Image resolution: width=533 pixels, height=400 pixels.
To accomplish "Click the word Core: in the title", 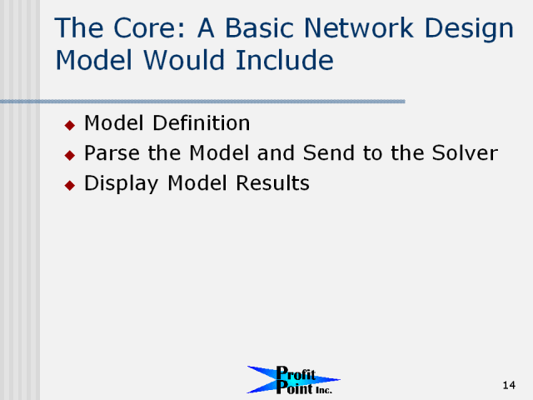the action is pyautogui.click(x=149, y=27).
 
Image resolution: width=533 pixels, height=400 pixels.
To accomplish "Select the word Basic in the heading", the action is pyautogui.click(x=259, y=27).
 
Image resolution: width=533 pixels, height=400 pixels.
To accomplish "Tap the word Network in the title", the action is pyautogui.click(x=359, y=27).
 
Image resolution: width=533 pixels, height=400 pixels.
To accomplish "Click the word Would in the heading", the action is pyautogui.click(x=184, y=60).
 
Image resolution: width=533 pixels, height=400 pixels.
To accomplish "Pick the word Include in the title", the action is pyautogui.click(x=285, y=60).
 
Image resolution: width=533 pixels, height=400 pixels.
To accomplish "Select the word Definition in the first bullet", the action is pyautogui.click(x=202, y=122).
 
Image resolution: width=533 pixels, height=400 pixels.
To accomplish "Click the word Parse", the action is pyautogui.click(x=112, y=152).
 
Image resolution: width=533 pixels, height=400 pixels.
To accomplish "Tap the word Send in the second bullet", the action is pyautogui.click(x=329, y=152).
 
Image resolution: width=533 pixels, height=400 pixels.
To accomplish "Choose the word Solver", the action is pyautogui.click(x=465, y=152).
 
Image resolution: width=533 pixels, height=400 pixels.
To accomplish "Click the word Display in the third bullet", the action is pyautogui.click(x=122, y=184).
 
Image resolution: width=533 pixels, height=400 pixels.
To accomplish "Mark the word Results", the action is pyautogui.click(x=272, y=183).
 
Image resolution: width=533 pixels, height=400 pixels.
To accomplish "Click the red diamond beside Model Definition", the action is pyautogui.click(x=70, y=125).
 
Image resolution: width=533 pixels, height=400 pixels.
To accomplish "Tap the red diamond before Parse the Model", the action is pyautogui.click(x=70, y=156).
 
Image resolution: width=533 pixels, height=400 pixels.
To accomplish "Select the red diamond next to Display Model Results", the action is pyautogui.click(x=70, y=185).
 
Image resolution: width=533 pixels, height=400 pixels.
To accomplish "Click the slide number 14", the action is pyautogui.click(x=509, y=385).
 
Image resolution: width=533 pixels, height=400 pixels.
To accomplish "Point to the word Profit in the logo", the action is pyautogui.click(x=296, y=373).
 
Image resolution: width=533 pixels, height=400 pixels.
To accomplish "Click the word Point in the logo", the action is pyautogui.click(x=294, y=387).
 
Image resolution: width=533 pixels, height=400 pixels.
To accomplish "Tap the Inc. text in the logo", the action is pyautogui.click(x=324, y=390).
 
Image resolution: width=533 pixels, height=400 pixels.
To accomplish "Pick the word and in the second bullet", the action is pyautogui.click(x=276, y=152).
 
